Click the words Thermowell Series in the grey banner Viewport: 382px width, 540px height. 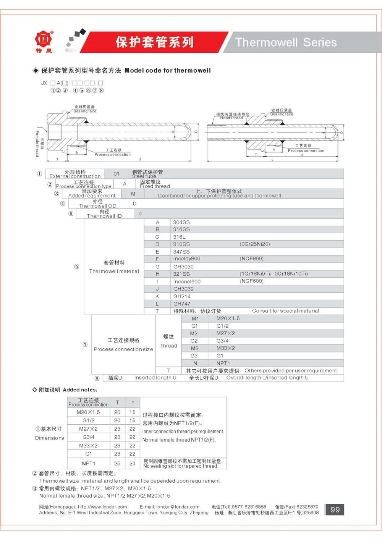[286, 42]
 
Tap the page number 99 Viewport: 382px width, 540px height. [335, 510]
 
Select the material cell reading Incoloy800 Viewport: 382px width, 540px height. [186, 259]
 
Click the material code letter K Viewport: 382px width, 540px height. [157, 296]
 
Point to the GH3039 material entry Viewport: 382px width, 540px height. [183, 289]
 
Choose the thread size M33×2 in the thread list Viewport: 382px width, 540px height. [225, 348]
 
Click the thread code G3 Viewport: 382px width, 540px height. [194, 356]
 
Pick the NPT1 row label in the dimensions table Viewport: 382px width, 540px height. [89, 463]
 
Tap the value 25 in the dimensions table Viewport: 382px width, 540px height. [117, 463]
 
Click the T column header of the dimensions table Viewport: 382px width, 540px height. [117, 403]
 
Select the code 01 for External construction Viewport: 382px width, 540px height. [117, 174]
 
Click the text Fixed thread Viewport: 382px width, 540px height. [155, 186]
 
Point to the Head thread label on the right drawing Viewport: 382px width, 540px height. [231, 118]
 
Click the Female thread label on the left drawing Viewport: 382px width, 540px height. [37, 144]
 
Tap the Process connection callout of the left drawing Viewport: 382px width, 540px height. [112, 155]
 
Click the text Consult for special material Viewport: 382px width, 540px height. [285, 311]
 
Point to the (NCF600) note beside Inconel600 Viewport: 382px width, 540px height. [251, 281]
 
